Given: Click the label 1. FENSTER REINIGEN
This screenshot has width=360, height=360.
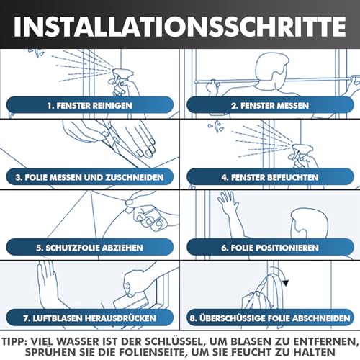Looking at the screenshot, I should (x=91, y=106).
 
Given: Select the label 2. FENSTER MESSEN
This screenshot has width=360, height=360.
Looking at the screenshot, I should (x=270, y=106).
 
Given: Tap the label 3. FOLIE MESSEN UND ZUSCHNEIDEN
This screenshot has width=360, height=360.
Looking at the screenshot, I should (x=91, y=176).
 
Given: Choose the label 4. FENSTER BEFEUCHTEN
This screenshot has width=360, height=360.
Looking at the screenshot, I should (x=270, y=176).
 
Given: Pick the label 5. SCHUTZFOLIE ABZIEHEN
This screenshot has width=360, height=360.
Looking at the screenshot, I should (x=91, y=247).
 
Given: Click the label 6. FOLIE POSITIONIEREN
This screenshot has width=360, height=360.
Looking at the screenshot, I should (x=270, y=247).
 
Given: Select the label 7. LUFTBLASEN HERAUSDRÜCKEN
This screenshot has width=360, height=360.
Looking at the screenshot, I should (x=91, y=317).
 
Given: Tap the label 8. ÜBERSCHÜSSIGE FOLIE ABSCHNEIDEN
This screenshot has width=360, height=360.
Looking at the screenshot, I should (x=270, y=317).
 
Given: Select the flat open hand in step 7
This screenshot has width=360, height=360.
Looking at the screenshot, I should (x=46, y=281).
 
